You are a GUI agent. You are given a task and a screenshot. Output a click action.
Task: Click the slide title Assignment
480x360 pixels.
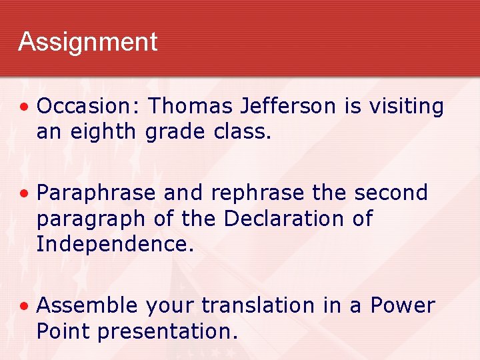(x=87, y=42)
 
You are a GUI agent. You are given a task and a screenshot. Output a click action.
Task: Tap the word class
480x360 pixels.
(x=243, y=132)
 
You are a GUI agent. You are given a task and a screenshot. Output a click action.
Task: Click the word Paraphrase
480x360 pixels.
(x=97, y=193)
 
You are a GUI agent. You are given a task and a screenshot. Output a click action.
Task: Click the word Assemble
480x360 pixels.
(x=87, y=306)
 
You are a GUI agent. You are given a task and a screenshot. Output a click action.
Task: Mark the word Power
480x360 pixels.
(x=403, y=306)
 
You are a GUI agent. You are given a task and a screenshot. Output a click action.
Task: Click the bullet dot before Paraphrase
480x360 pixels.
(x=24, y=194)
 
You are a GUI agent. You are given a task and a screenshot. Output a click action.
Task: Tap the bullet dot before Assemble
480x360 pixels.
(x=24, y=307)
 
